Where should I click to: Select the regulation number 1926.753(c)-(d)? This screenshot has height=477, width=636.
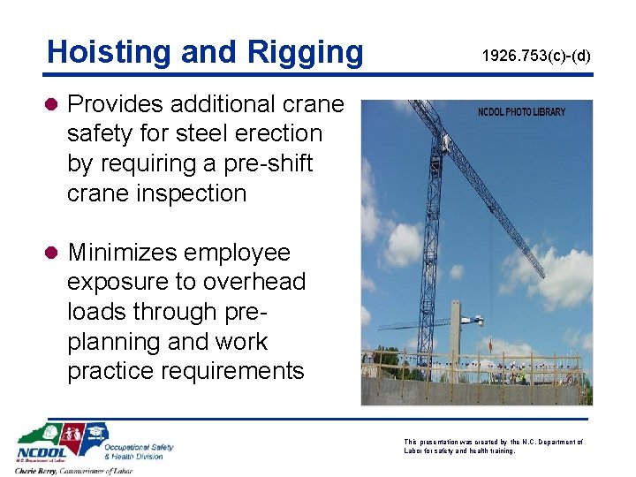535,57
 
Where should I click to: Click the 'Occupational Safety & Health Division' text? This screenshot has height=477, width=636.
138,451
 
